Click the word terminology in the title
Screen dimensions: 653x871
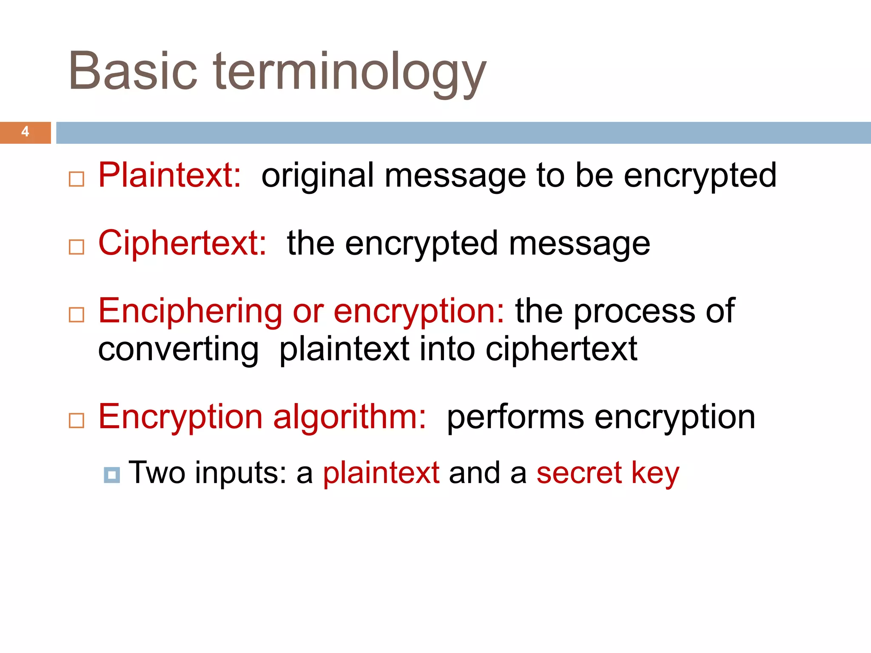click(x=350, y=72)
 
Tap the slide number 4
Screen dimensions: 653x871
click(x=26, y=132)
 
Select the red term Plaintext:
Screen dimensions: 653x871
click(x=170, y=175)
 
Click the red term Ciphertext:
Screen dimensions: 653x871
click(x=182, y=243)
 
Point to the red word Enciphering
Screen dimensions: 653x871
click(x=190, y=311)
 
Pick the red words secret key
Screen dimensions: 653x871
click(x=608, y=473)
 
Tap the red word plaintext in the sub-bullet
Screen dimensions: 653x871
click(x=381, y=473)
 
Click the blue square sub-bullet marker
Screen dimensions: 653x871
click(x=112, y=474)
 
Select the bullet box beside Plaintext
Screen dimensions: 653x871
click(x=77, y=179)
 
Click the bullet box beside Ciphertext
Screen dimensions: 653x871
click(x=77, y=247)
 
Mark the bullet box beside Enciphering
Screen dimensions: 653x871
click(x=77, y=315)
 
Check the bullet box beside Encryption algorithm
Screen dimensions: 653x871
click(x=77, y=420)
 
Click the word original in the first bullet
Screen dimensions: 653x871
click(x=317, y=176)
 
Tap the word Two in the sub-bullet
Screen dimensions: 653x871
click(x=157, y=473)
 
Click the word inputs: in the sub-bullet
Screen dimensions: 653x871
click(x=241, y=474)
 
